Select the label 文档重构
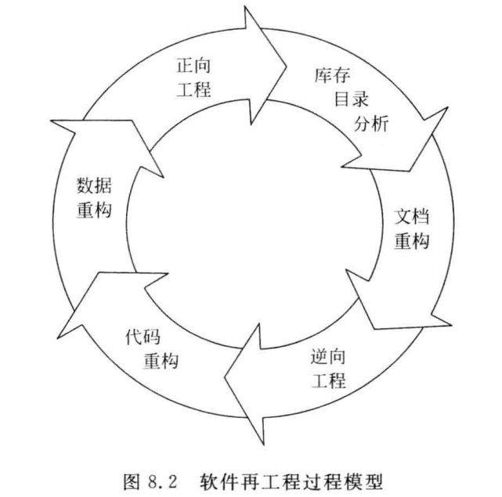[411, 228]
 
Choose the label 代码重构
[152, 349]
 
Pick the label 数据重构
[94, 198]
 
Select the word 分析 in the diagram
[371, 123]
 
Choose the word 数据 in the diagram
[95, 186]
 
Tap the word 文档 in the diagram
[411, 216]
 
